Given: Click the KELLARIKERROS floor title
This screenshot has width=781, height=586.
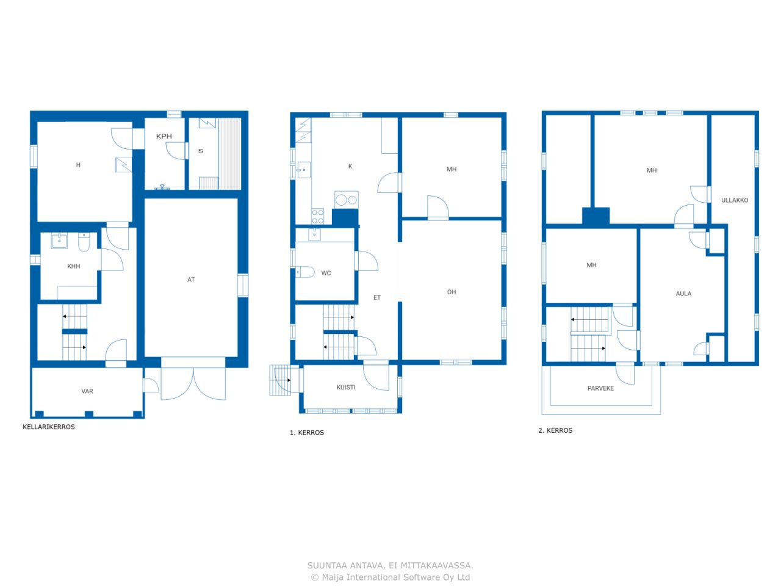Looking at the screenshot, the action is tap(49, 427).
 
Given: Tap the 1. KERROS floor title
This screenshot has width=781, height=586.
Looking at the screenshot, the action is tap(307, 433).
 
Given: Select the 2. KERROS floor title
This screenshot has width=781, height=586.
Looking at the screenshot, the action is tap(555, 430).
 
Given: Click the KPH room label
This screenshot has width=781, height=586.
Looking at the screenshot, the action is tap(164, 136).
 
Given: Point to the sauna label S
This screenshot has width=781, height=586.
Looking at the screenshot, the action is tap(200, 151).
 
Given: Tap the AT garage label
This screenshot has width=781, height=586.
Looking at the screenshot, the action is tap(191, 280).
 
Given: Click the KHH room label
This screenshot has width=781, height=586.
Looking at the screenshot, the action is tap(74, 266).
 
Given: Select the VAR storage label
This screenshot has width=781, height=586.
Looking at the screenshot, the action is tap(87, 391).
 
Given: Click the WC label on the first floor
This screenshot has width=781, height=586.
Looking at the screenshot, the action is tap(326, 273).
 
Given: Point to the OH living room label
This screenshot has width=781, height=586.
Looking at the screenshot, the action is tap(451, 292).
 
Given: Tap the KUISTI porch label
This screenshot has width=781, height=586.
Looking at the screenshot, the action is tap(346, 388).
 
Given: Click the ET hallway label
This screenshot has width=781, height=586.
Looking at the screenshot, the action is tap(377, 297).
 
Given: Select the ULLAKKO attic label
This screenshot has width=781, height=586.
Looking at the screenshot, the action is tap(735, 200).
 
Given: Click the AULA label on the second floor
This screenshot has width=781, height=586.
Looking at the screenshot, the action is tap(683, 294).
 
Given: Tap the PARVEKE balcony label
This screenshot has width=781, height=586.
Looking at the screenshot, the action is tap(600, 388).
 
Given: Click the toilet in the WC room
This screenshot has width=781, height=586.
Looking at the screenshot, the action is tap(305, 272).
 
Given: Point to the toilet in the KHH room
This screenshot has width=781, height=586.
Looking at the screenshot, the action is tap(84, 242).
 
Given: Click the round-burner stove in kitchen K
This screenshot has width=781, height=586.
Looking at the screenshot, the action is tap(346, 200).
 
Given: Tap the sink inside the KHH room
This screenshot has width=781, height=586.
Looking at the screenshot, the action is tap(59, 241).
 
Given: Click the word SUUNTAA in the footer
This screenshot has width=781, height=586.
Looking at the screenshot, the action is tap(327, 565).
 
